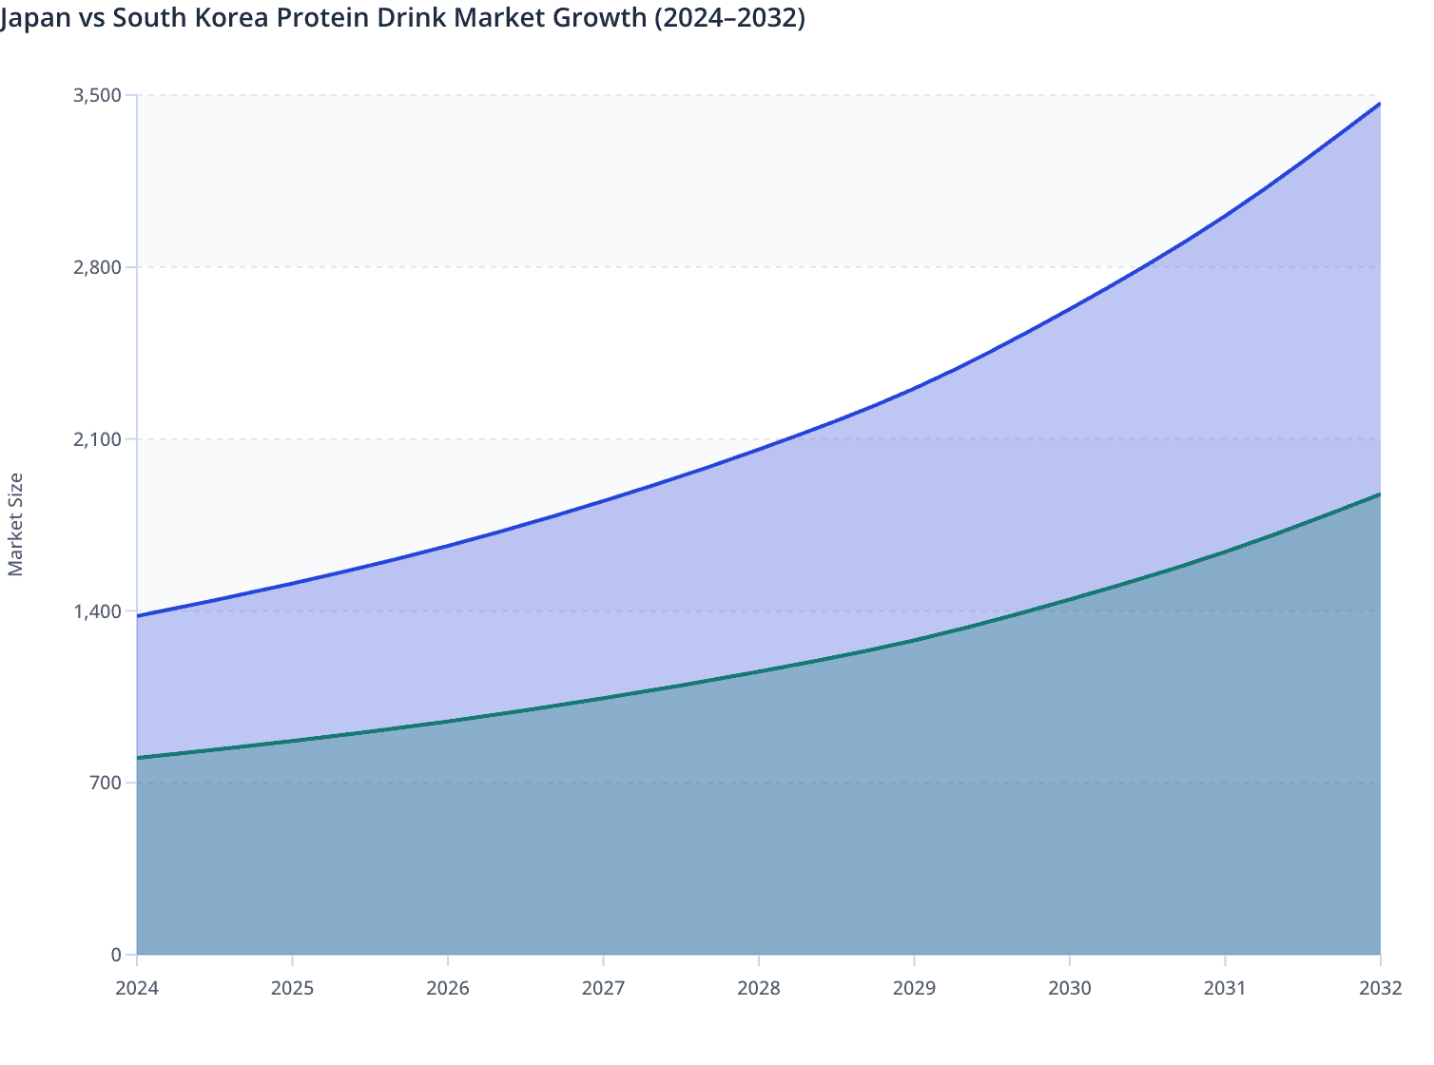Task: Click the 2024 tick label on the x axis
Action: pos(137,988)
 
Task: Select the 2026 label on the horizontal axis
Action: pos(448,988)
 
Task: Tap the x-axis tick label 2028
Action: pos(759,988)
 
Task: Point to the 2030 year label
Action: pos(1070,988)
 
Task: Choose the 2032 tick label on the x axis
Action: pos(1380,988)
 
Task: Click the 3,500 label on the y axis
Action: pos(97,95)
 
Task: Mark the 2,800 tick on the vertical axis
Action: pos(97,267)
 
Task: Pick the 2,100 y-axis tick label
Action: pos(97,439)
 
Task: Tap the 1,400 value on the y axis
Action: pos(97,611)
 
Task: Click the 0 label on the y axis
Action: pos(116,955)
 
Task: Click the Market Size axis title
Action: pos(15,524)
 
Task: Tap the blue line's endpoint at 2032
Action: pos(1380,104)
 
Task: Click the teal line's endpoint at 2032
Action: pos(1380,494)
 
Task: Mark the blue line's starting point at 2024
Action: pos(138,616)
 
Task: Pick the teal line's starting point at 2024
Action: pos(138,758)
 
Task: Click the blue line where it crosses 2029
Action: pos(914,388)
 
